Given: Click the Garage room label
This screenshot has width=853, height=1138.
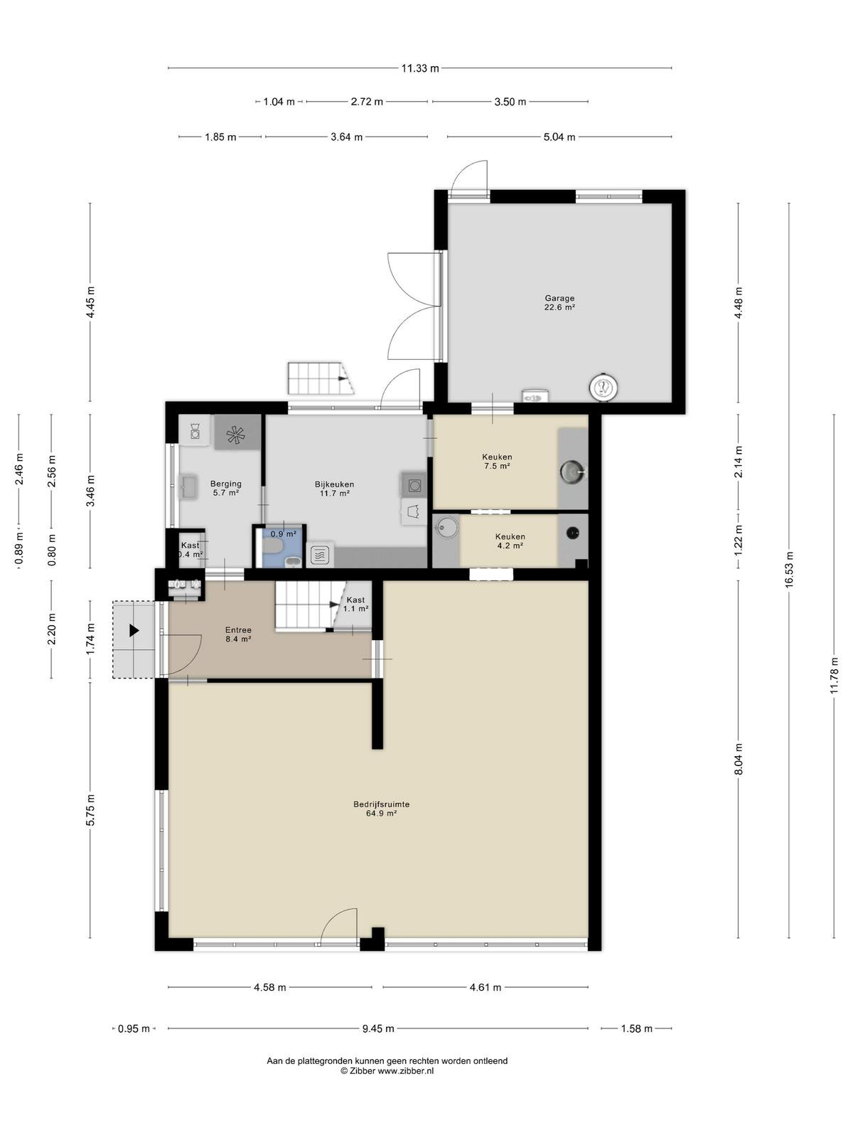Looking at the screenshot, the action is click(559, 302).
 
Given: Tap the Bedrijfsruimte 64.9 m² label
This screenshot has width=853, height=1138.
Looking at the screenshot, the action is click(381, 809).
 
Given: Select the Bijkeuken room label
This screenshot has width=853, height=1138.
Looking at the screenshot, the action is click(334, 489).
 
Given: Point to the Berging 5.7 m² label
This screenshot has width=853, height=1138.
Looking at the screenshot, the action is click(226, 488).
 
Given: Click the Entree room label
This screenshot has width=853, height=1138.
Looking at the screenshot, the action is click(238, 634).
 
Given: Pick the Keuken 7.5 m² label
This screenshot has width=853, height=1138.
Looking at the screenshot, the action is click(497, 461).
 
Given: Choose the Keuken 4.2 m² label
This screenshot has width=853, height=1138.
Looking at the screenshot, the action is click(510, 541).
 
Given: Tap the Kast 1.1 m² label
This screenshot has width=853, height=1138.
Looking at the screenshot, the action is click(355, 604).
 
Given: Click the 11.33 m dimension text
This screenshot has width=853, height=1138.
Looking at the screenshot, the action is click(420, 68).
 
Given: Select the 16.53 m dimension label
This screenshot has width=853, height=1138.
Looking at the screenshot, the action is click(789, 569).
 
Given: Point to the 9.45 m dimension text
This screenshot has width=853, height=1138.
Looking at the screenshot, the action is click(378, 1028).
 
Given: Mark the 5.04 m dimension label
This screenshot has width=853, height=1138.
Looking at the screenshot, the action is click(559, 137).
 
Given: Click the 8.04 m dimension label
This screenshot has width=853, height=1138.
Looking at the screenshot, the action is click(738, 759).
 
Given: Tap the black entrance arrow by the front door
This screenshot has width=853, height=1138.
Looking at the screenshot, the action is click(134, 630).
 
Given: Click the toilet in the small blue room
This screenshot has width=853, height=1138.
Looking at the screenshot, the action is click(272, 546).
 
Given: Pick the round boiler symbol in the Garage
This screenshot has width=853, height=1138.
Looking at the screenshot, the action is click(604, 387).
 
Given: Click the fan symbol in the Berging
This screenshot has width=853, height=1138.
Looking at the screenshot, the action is click(238, 433).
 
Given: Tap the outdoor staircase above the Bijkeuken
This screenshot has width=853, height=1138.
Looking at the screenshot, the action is click(321, 378).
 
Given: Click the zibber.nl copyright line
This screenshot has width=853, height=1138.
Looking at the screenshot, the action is click(387, 1070).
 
